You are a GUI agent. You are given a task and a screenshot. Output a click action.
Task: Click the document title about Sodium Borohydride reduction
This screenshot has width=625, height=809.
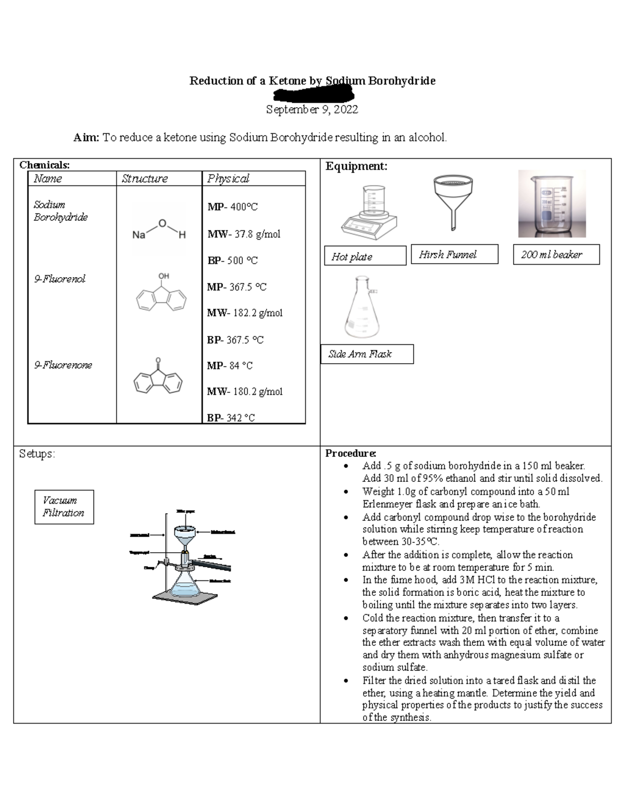312,81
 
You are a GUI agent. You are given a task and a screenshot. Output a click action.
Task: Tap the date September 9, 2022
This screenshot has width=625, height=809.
312,109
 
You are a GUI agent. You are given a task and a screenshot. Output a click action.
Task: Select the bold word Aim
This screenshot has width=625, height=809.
86,138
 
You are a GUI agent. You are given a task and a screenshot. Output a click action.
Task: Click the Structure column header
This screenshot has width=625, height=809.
144,179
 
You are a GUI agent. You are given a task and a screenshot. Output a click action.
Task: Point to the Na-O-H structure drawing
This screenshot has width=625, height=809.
159,230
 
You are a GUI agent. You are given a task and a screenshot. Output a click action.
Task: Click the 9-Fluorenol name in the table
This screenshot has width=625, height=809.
59,279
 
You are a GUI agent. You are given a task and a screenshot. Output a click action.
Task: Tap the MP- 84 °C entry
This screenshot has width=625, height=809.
230,366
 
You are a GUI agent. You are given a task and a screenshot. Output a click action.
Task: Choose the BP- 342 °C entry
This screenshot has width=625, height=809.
231,418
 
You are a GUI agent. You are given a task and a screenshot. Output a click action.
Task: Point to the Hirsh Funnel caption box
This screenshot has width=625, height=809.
454,254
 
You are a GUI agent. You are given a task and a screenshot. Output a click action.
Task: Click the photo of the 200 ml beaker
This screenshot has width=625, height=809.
552,204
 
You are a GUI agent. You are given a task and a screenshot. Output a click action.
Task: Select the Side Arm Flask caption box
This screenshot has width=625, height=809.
367,354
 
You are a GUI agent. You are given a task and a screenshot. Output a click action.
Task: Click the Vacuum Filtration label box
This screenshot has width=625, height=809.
64,506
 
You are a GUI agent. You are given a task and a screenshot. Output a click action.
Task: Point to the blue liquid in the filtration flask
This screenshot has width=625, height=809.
185,590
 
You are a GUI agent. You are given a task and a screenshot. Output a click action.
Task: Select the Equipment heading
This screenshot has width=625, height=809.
356,166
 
